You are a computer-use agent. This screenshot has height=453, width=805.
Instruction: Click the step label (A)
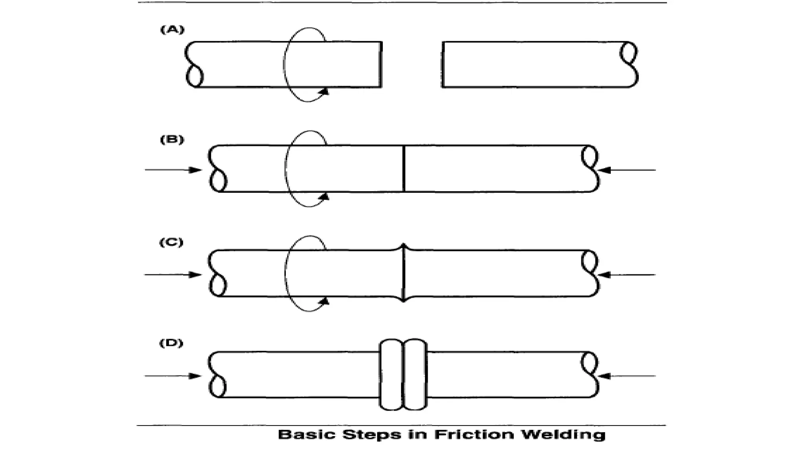[x=172, y=30]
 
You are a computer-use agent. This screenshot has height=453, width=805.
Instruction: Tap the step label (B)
[x=172, y=140]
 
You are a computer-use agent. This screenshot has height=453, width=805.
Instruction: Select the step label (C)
[x=171, y=243]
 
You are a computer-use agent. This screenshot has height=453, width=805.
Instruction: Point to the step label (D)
[x=171, y=343]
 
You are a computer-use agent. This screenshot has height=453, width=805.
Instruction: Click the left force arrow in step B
[x=173, y=170]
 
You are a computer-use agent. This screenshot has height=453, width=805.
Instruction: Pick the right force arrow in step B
[x=627, y=170]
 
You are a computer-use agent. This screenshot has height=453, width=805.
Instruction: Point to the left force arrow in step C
[x=173, y=274]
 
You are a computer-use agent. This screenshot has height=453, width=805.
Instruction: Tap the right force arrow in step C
[x=627, y=274]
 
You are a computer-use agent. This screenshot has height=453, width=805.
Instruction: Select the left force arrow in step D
[x=173, y=376]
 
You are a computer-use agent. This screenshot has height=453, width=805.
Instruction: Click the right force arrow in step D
[x=627, y=376]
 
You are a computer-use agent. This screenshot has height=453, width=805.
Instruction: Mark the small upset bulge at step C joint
[x=404, y=248]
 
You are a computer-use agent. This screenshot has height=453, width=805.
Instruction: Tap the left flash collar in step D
[x=391, y=374]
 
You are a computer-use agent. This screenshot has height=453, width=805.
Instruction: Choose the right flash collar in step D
[x=415, y=374]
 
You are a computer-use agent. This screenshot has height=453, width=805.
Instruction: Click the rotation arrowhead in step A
[x=325, y=91]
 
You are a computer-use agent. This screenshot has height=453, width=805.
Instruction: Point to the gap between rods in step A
[x=412, y=64]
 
